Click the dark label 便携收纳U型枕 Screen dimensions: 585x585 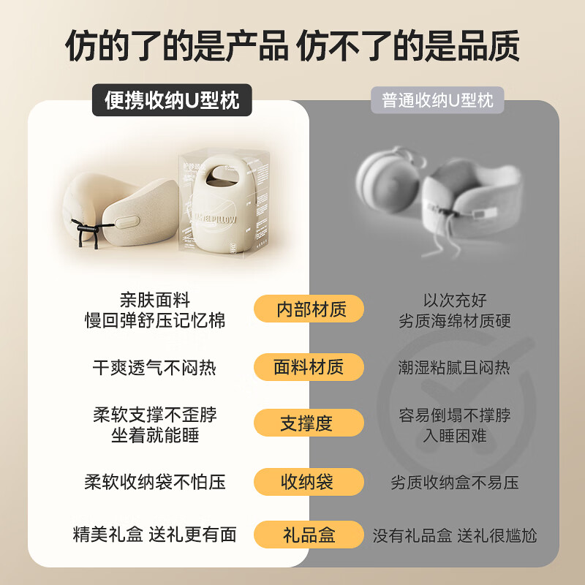(172, 100)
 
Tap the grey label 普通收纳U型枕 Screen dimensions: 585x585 (437, 100)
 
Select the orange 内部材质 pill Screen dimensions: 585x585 (309, 309)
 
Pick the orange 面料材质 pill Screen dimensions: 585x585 (309, 367)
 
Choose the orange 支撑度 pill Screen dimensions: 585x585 (309, 423)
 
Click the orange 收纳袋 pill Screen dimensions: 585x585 (309, 482)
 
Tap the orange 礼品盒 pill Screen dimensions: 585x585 (309, 535)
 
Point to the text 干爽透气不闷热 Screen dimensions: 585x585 (155, 367)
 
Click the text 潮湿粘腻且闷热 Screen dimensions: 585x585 (455, 367)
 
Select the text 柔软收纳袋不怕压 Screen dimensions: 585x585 (155, 482)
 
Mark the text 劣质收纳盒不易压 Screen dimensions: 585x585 (455, 483)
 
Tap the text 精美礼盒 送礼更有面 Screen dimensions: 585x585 (155, 535)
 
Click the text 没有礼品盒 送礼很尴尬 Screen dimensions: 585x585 (455, 535)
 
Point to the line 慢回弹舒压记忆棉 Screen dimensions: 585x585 (155, 320)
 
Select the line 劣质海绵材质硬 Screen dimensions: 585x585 (455, 320)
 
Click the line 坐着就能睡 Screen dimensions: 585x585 (155, 435)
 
